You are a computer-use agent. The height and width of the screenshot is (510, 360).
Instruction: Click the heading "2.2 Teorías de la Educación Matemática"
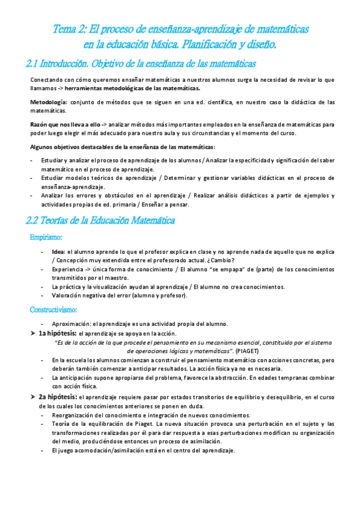click(x=101, y=221)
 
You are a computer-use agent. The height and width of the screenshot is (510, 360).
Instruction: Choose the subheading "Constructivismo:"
click(x=53, y=310)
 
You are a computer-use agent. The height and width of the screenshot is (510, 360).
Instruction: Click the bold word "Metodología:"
click(x=49, y=103)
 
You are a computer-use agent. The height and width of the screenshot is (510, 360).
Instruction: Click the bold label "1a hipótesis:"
click(x=58, y=333)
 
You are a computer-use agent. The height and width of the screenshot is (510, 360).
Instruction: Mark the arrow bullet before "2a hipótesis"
click(x=33, y=396)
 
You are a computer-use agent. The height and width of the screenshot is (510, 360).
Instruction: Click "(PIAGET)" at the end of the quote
click(x=248, y=349)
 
